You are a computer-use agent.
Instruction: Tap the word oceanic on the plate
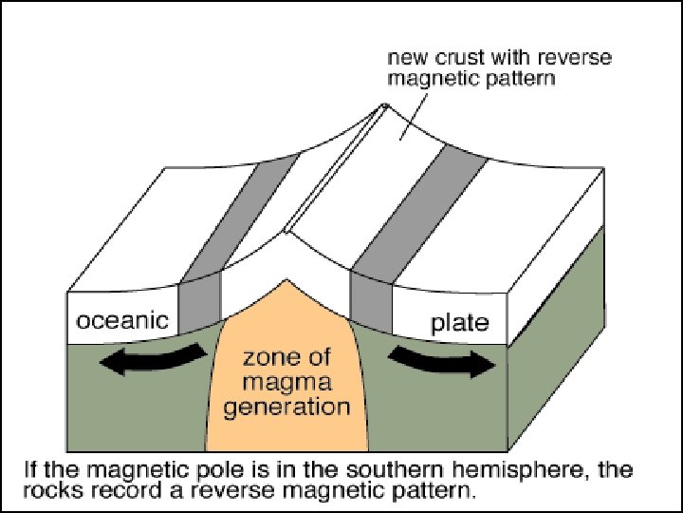click(122, 321)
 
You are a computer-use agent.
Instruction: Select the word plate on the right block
click(460, 323)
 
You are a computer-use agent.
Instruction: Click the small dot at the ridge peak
click(384, 105)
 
